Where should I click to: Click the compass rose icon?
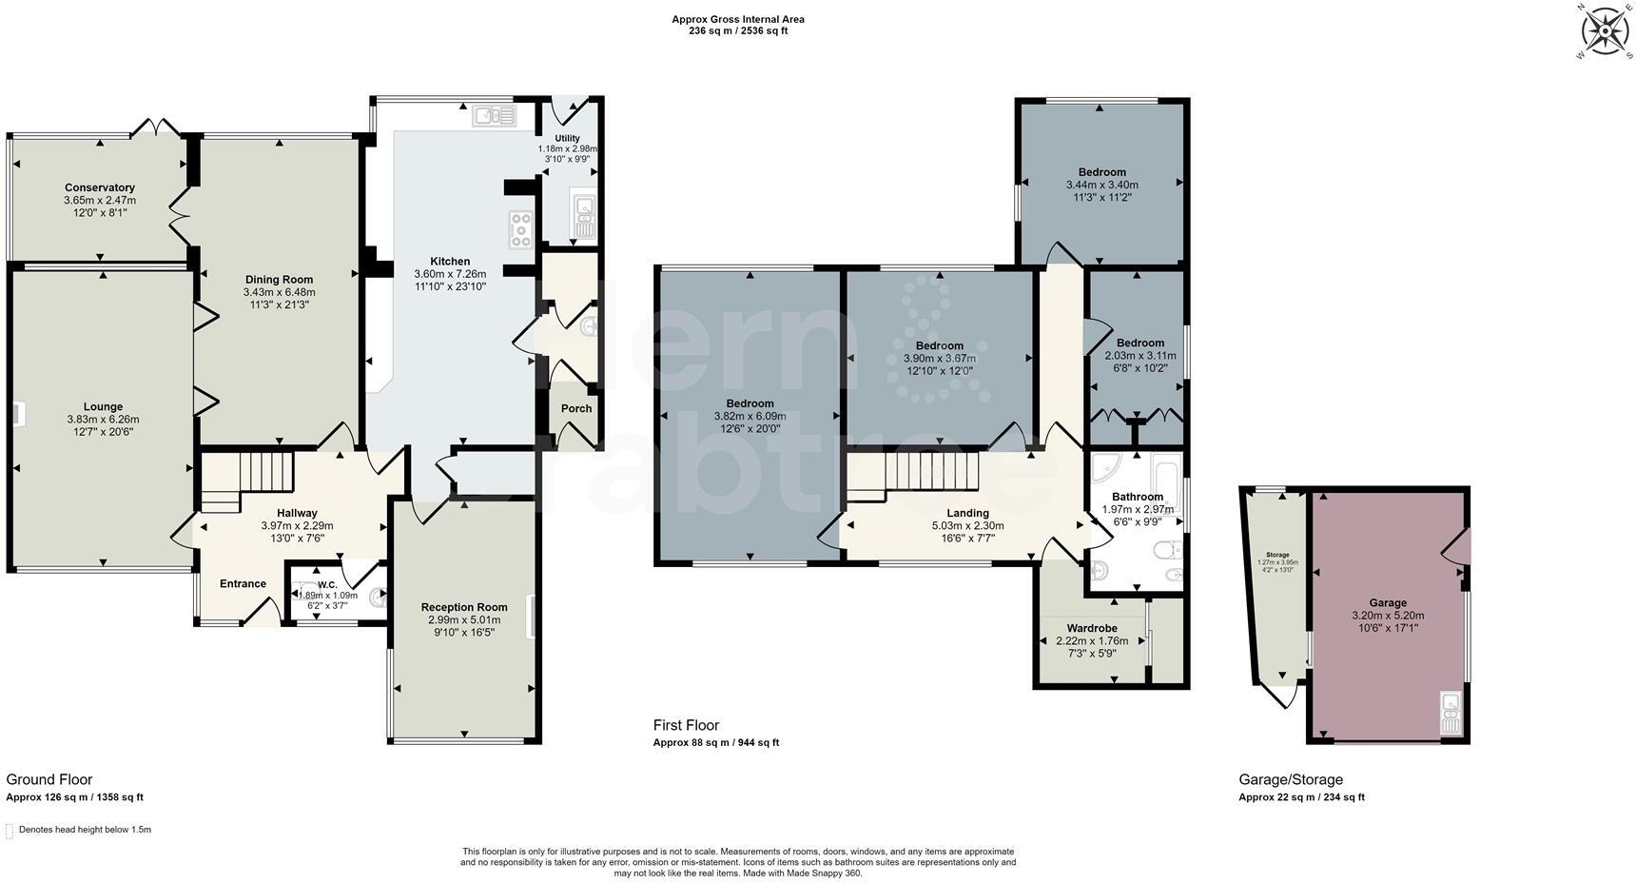tap(1605, 32)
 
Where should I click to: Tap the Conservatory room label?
tap(99, 187)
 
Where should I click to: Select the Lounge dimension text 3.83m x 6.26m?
tap(103, 420)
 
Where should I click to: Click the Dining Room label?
tap(279, 280)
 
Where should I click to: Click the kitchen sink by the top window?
tap(494, 116)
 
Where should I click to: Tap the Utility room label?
tap(567, 139)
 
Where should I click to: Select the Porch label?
tap(576, 408)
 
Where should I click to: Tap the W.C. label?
tap(327, 584)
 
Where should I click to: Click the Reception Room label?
tap(464, 607)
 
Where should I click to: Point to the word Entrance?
tap(243, 584)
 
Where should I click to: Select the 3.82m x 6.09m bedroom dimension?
tap(750, 416)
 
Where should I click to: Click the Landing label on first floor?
tap(967, 514)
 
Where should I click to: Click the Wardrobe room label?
tap(1091, 628)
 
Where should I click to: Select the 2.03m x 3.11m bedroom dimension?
tap(1139, 355)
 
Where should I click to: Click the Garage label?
tap(1388, 603)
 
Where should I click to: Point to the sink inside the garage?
tap(1451, 714)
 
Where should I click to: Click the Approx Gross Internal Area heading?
tap(738, 19)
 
